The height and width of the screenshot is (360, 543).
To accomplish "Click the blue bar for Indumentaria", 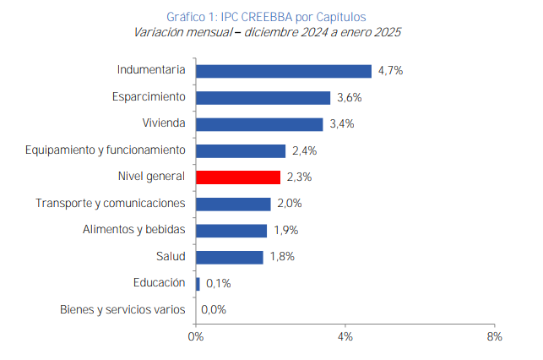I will coord(283,71).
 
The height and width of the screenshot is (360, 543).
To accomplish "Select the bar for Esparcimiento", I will coord(263,98).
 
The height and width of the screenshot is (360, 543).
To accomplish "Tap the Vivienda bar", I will coord(259,124).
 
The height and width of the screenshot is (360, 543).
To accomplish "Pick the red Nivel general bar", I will coord(238,177).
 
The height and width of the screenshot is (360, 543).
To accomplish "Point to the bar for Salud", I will coord(229,257).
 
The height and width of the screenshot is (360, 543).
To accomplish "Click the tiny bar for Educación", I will coord(198,284).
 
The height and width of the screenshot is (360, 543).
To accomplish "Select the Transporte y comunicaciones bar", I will coord(233,204).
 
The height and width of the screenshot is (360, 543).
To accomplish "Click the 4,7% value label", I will coord(390,71).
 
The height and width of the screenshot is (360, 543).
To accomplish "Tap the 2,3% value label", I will coord(299,177).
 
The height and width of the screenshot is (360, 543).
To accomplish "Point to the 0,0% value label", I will coord(214,310).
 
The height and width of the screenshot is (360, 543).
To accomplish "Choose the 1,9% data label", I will coord(285,231).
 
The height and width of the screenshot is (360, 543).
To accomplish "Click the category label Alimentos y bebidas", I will coord(133,230).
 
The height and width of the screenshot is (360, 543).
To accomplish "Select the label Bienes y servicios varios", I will coord(122,309).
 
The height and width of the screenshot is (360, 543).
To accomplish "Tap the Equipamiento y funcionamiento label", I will coord(105,150).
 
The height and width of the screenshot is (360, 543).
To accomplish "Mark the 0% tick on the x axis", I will coord(195,336).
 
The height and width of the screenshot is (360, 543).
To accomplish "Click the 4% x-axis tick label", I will coord(345,336).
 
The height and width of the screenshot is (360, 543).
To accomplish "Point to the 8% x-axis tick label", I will coord(494,336).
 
